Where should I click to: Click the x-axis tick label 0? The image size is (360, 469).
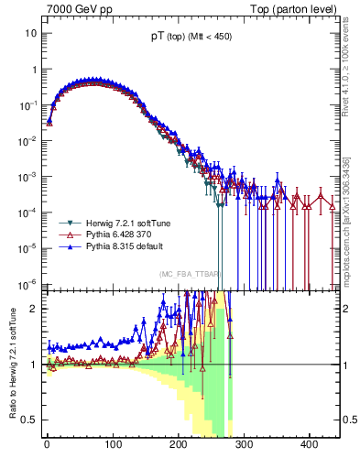47,455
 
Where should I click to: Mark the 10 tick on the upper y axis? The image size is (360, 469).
30,33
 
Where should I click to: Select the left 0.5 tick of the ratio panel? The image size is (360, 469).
27,420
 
